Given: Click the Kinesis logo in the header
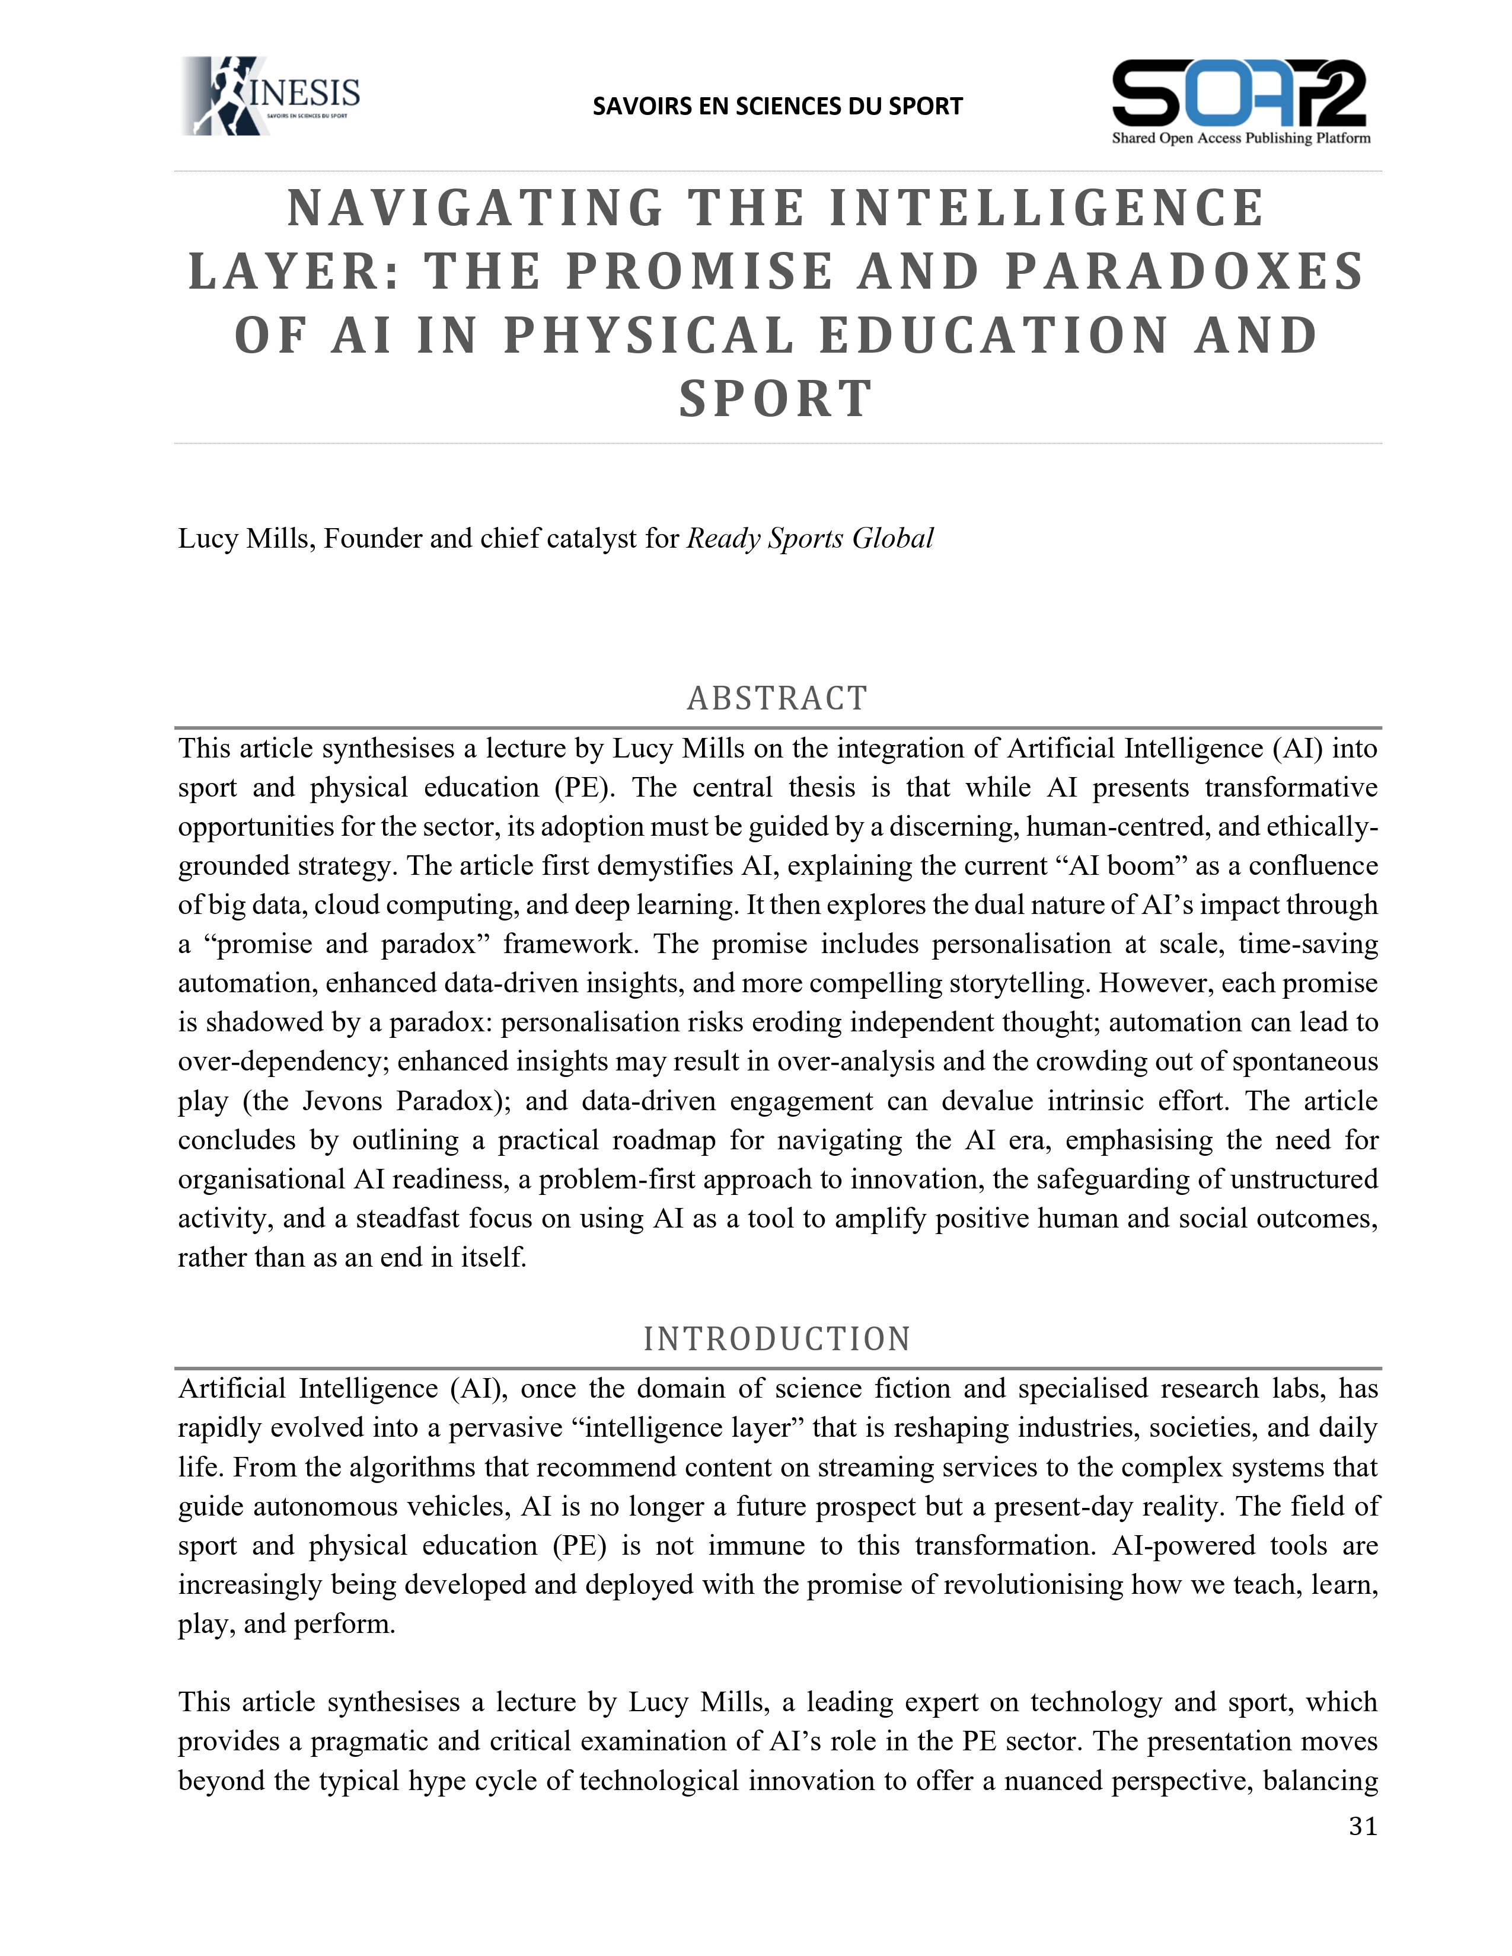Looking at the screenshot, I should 270,96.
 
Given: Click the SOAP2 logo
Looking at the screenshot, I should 1240,94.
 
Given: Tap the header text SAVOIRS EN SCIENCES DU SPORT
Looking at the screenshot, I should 777,107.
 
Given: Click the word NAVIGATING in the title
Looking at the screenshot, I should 475,209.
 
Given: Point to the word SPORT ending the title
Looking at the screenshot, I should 776,399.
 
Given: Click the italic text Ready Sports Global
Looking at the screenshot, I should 810,538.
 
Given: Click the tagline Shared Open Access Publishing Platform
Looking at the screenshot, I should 1240,139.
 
